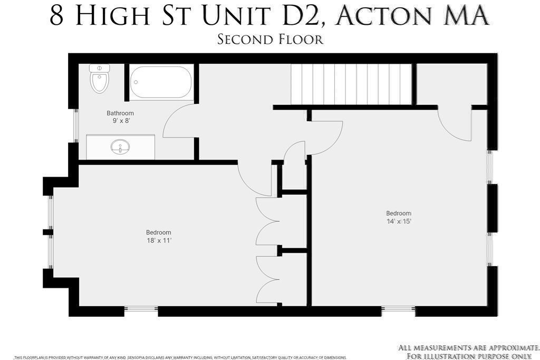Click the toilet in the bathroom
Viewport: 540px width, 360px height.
click(100, 79)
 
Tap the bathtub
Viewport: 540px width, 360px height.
click(161, 83)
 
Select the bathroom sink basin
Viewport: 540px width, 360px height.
click(120, 147)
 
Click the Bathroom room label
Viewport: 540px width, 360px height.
click(120, 113)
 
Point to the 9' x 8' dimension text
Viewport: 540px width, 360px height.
click(121, 121)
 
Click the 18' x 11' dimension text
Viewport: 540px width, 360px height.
click(159, 240)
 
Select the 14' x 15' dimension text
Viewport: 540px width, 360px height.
click(399, 221)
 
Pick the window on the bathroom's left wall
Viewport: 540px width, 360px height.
click(76, 125)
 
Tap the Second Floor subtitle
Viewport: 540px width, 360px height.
click(271, 39)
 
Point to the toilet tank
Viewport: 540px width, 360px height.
click(100, 68)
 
